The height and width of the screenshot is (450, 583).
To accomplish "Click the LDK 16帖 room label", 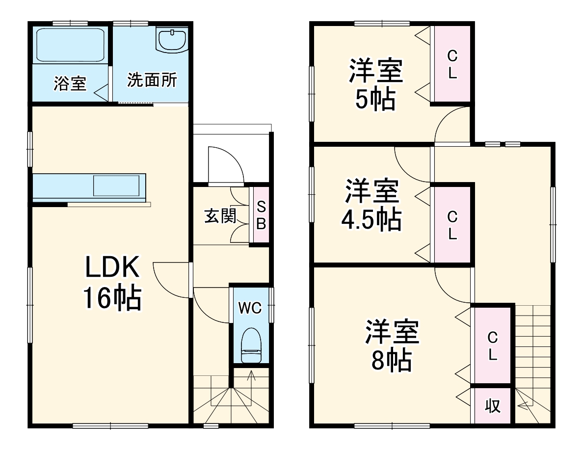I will pyautogui.click(x=112, y=283).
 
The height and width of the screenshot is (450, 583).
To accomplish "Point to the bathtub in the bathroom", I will pyautogui.click(x=71, y=45).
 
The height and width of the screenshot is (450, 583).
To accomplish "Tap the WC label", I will pyautogui.click(x=250, y=308).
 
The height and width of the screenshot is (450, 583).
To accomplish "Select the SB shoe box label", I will pyautogui.click(x=261, y=215).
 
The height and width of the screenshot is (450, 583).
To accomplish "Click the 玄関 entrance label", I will pyautogui.click(x=220, y=216).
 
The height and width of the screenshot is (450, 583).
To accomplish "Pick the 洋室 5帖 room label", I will pyautogui.click(x=375, y=84).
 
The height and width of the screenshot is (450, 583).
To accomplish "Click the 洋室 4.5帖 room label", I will pyautogui.click(x=371, y=205).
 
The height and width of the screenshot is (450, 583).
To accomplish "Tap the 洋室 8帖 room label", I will pyautogui.click(x=391, y=346).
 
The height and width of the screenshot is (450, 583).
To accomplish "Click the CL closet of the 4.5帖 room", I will pyautogui.click(x=452, y=224).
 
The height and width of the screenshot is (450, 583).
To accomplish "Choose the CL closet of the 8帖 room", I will pyautogui.click(x=492, y=345).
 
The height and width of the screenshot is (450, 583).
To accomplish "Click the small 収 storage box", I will pyautogui.click(x=493, y=406).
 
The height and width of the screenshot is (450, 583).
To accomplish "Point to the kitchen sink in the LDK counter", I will pyautogui.click(x=119, y=185).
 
